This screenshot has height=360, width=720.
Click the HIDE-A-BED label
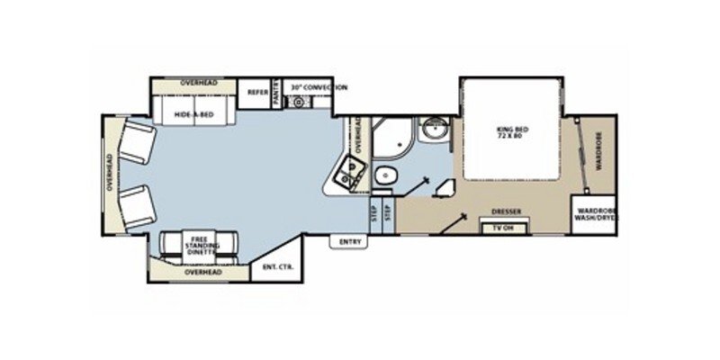click(193, 115)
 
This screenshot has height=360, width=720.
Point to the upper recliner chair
click(137, 142)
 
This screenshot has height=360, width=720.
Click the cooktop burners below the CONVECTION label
click(298, 102)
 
